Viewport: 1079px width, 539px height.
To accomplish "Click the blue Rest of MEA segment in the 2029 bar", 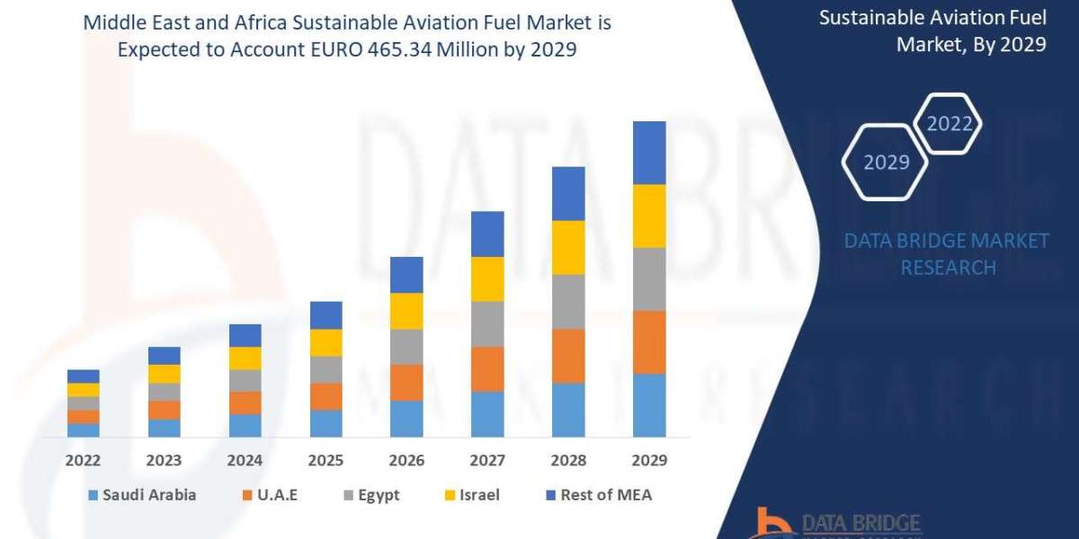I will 649,153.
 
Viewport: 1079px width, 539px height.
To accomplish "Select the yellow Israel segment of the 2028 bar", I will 568,247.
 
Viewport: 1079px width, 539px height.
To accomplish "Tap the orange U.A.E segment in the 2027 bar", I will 487,368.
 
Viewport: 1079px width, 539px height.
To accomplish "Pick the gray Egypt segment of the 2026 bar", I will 406,346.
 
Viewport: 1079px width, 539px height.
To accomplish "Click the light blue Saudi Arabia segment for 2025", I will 325,423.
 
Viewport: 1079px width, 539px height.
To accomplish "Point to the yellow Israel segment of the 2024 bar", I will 245,358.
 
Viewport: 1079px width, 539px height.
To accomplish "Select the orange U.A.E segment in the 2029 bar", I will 649,341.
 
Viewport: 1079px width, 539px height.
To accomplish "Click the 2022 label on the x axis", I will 83,460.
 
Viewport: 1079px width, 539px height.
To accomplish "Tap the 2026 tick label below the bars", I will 406,460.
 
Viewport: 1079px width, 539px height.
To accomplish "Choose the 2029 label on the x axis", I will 649,460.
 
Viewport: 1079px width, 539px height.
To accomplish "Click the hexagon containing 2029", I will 887,163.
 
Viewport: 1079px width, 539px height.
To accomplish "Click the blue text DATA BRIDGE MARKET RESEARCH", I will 948,253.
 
